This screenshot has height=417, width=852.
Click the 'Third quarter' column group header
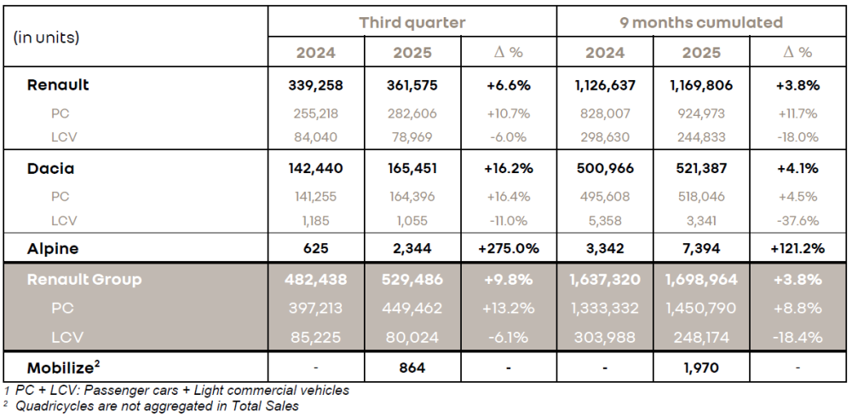coord(412,22)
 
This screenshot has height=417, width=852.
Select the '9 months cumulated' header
coord(702,22)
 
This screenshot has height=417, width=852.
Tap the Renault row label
coord(58,84)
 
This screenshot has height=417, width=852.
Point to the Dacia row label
coord(51,168)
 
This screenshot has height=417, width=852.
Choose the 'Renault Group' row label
coord(84,279)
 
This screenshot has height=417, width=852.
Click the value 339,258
coord(315,85)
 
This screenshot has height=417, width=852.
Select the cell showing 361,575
coord(412,85)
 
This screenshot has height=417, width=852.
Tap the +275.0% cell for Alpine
coord(509,248)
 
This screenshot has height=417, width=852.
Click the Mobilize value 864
coord(412,368)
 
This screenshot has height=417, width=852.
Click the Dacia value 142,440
coord(315,168)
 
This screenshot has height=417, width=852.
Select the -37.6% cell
coord(798,221)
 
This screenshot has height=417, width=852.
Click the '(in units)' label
coord(46,38)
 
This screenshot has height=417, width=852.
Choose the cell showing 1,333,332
coord(605,308)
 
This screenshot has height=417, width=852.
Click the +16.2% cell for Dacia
coord(509,168)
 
